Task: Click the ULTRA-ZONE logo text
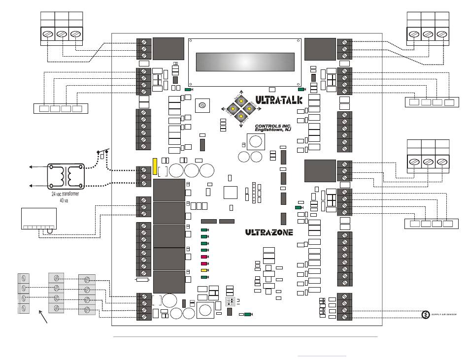269,232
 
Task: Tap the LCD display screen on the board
244,62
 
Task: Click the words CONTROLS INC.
273,126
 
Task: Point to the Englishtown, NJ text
273,131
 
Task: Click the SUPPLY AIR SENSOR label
444,314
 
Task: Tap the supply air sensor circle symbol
425,314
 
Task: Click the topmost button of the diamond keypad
241,99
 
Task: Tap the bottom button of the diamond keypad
241,116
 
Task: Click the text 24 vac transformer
66,195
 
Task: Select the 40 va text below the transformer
64,201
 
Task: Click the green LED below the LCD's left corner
188,90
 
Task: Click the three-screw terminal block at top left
62,34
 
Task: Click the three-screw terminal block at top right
428,34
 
